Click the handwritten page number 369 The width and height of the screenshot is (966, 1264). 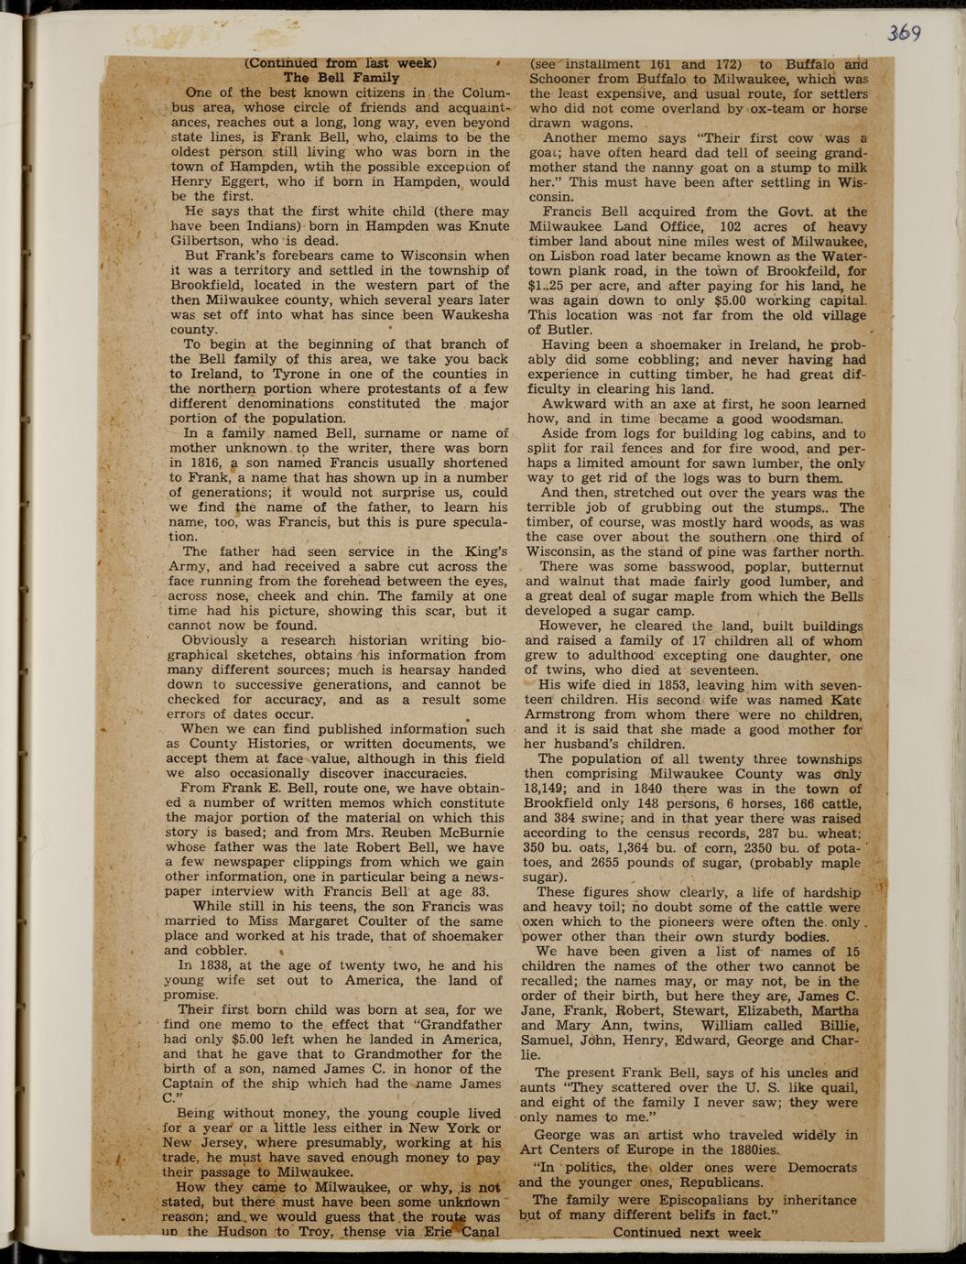tap(904, 32)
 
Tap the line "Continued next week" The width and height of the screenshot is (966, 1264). tap(687, 1232)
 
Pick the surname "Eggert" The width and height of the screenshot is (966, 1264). tap(247, 181)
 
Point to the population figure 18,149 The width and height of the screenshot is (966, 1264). tap(548, 789)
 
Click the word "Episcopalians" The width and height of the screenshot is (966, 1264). tap(688, 1200)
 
